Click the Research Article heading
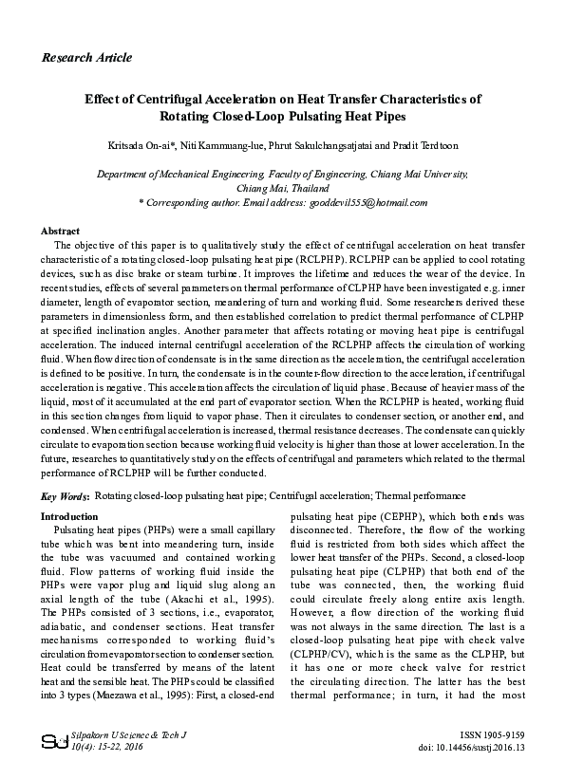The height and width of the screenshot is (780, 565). pos(86,58)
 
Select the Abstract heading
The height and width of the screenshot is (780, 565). pos(60,231)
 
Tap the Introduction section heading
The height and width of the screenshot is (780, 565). pos(69,517)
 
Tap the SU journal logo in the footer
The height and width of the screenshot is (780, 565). pos(49,741)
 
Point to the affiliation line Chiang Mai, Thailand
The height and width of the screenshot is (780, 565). pos(282,188)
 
